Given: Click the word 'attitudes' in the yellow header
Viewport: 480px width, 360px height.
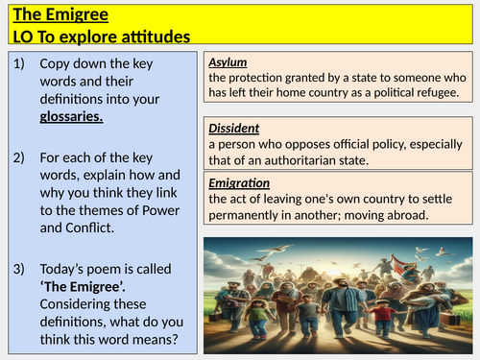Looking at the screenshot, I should coord(153,36).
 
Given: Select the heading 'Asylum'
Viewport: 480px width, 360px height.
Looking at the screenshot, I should coord(229,62).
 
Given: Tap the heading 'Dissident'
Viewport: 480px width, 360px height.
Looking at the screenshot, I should coord(234,129).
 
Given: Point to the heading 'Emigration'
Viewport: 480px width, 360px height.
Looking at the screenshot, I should coord(239,182).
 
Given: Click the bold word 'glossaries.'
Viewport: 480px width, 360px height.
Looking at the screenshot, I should coord(72,116).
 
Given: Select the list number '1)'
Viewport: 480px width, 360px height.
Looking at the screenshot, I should coord(23,62).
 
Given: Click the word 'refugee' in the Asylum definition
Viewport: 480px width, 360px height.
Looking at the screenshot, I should coord(432,92).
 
